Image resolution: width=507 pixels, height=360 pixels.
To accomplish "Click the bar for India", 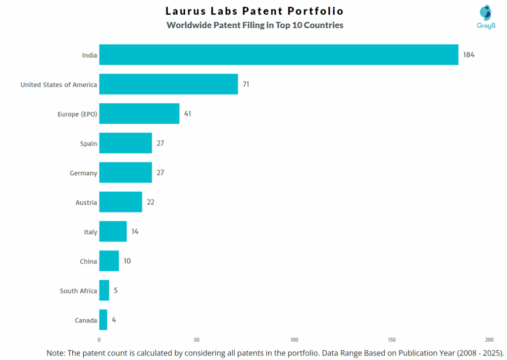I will pos(279,54).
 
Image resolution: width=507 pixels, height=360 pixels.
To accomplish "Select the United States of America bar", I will pos(168,84).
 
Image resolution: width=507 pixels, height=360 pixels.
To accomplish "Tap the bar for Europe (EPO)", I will pos(139,113).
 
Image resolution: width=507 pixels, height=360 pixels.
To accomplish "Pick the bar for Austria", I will pos(120,202).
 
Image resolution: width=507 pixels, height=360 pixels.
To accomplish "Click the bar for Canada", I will pos(103,320).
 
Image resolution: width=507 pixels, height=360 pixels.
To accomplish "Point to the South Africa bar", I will pos(104,290).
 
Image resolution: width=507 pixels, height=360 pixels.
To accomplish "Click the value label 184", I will pos(468,54).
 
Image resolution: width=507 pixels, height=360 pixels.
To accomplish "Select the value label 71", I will pos(246,84).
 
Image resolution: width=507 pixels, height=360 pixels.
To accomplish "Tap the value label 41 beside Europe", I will pos(187,113).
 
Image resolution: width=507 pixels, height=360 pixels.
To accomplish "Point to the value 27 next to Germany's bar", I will pos(160,172).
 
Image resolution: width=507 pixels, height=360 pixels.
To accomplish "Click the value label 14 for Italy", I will pos(135,231).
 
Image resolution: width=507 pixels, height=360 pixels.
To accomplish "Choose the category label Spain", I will pos(89,144).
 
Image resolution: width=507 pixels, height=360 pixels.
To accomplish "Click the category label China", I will pos(89,261).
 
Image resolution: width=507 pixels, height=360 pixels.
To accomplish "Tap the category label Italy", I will pos(91,232).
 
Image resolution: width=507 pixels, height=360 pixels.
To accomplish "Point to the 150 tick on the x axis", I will pos(392,340).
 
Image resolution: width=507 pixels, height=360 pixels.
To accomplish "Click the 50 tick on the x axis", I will pos(197,340).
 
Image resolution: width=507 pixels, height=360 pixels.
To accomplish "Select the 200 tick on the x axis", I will pos(489,340).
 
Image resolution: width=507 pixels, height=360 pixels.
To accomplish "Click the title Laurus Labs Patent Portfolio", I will pos(254,11).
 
